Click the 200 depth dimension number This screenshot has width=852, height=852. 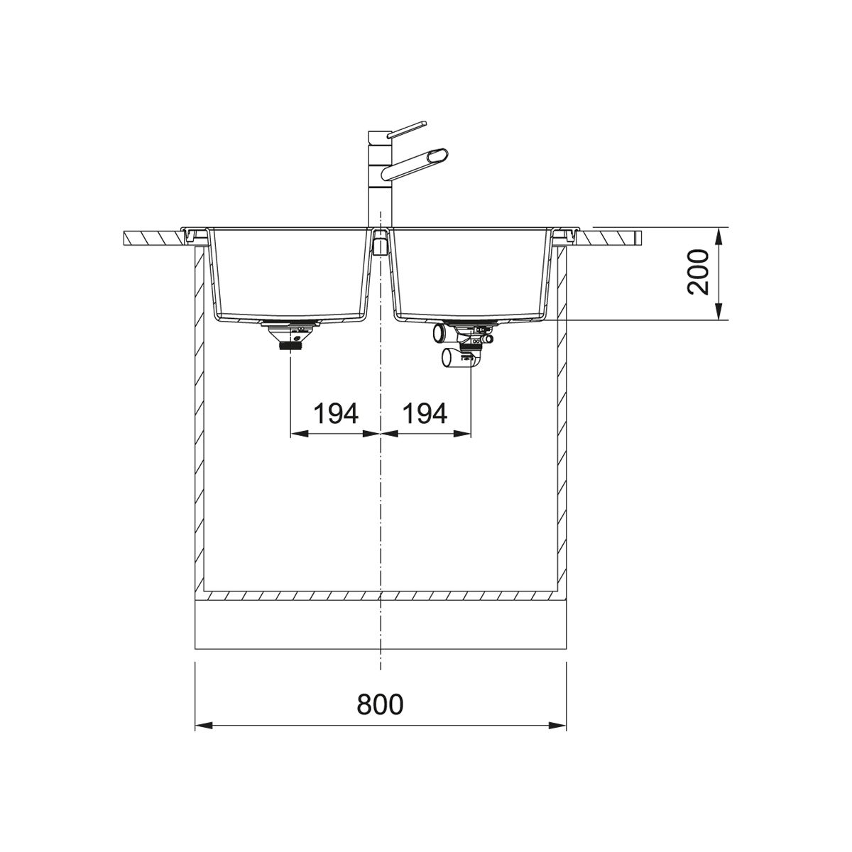[698, 273]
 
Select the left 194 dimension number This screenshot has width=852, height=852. [336, 413]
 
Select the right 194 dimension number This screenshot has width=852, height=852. [425, 413]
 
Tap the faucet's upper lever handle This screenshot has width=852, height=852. [407, 129]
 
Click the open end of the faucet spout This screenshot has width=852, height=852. [439, 156]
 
